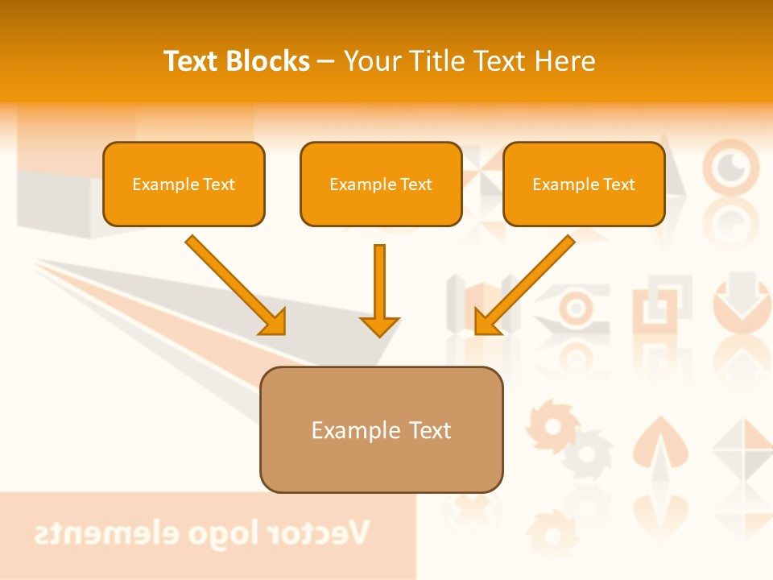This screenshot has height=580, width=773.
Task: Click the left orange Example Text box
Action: [x=184, y=184]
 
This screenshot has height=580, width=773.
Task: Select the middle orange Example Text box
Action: [x=381, y=184]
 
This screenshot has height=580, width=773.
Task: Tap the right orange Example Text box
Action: [x=584, y=184]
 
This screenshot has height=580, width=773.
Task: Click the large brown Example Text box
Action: [x=381, y=430]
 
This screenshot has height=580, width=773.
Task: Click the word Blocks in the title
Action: [x=269, y=61]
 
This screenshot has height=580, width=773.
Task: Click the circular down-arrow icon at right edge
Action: [x=742, y=293]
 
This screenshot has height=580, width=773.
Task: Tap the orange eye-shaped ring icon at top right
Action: [x=731, y=166]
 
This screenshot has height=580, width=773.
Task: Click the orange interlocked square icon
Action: [x=662, y=305]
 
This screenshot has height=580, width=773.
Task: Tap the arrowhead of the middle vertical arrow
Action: [x=379, y=325]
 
